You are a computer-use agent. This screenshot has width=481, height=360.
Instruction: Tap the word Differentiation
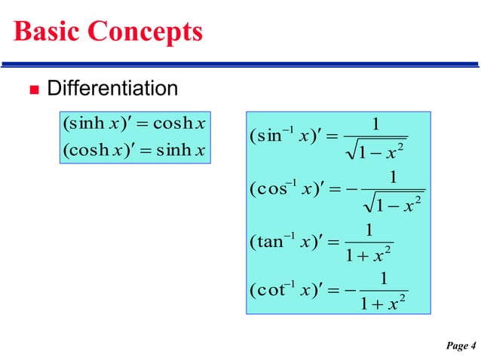pyautogui.click(x=113, y=89)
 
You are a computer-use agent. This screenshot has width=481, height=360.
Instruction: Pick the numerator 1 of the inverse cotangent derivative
pyautogui.click(x=384, y=279)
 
